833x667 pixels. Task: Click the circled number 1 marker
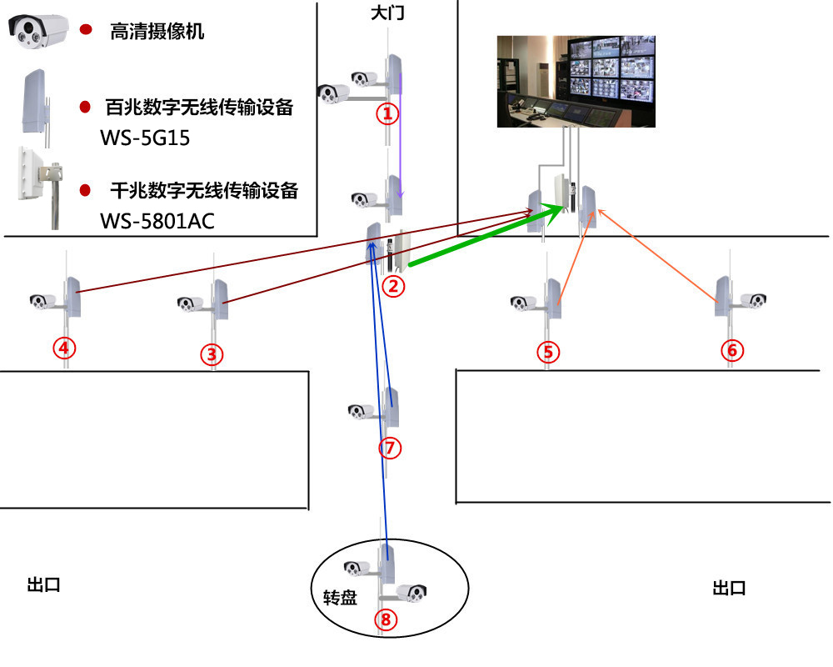pos(388,113)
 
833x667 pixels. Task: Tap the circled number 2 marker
pos(393,287)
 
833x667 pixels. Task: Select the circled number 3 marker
pos(212,354)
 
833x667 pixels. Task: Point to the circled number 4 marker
pos(64,348)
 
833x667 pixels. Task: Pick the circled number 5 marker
pos(548,352)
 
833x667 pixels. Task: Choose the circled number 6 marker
pos(732,350)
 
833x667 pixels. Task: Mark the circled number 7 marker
pos(390,448)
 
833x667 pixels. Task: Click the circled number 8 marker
pos(386,619)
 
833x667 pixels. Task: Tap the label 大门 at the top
pos(387,13)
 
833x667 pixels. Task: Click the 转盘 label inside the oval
pos(340,598)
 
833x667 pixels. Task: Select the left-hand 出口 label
pos(43,585)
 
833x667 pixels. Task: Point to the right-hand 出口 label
pos(729,589)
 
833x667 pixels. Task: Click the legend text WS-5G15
pos(144,138)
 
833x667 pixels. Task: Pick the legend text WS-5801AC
pos(157,221)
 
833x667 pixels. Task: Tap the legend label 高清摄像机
pos(157,32)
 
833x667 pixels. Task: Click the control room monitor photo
pos(576,82)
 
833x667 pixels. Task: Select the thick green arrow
pos(486,234)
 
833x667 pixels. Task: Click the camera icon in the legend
pos(38,31)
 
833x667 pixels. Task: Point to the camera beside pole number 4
pos(42,302)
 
